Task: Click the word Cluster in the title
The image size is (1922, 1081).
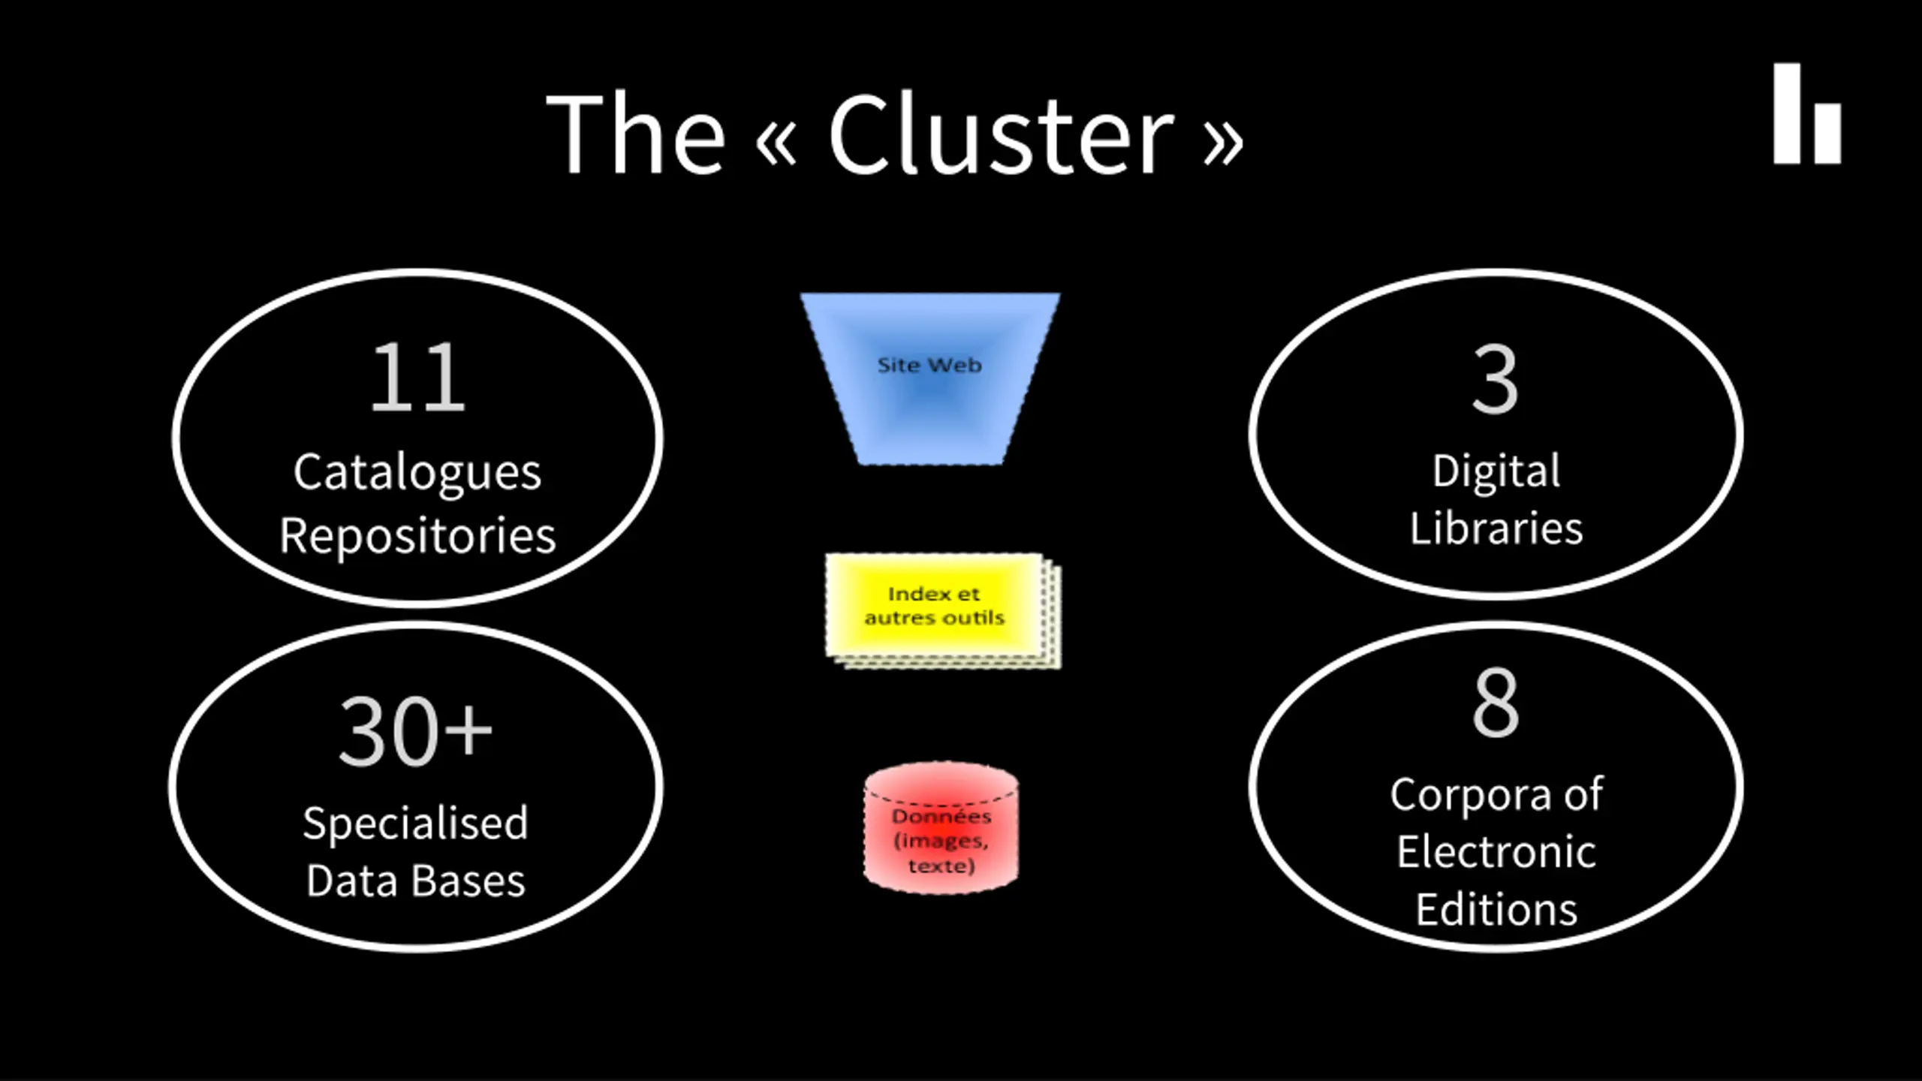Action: tap(1001, 135)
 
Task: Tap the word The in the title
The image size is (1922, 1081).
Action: tap(636, 135)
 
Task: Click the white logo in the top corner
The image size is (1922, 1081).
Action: tap(1807, 113)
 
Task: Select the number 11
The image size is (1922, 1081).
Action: tap(418, 377)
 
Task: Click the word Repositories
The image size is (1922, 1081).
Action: tap(417, 537)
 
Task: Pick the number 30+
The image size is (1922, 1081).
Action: tap(415, 731)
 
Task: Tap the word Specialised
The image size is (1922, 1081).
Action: tap(415, 824)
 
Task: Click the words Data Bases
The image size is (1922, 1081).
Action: tap(415, 881)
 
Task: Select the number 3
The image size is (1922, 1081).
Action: tap(1495, 378)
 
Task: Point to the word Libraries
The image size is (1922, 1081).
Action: tap(1496, 528)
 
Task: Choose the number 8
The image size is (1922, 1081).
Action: tap(1496, 703)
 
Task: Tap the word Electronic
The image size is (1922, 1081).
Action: tap(1496, 852)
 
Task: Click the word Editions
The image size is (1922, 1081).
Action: tap(1496, 909)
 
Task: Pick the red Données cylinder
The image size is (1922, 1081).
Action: tap(941, 828)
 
